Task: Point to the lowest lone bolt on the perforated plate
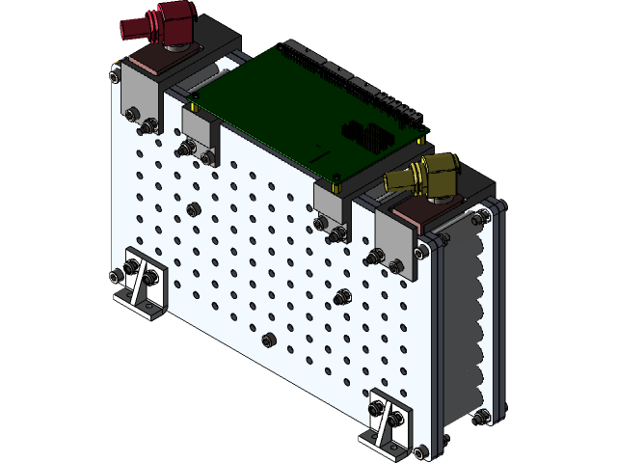click(270, 339)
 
